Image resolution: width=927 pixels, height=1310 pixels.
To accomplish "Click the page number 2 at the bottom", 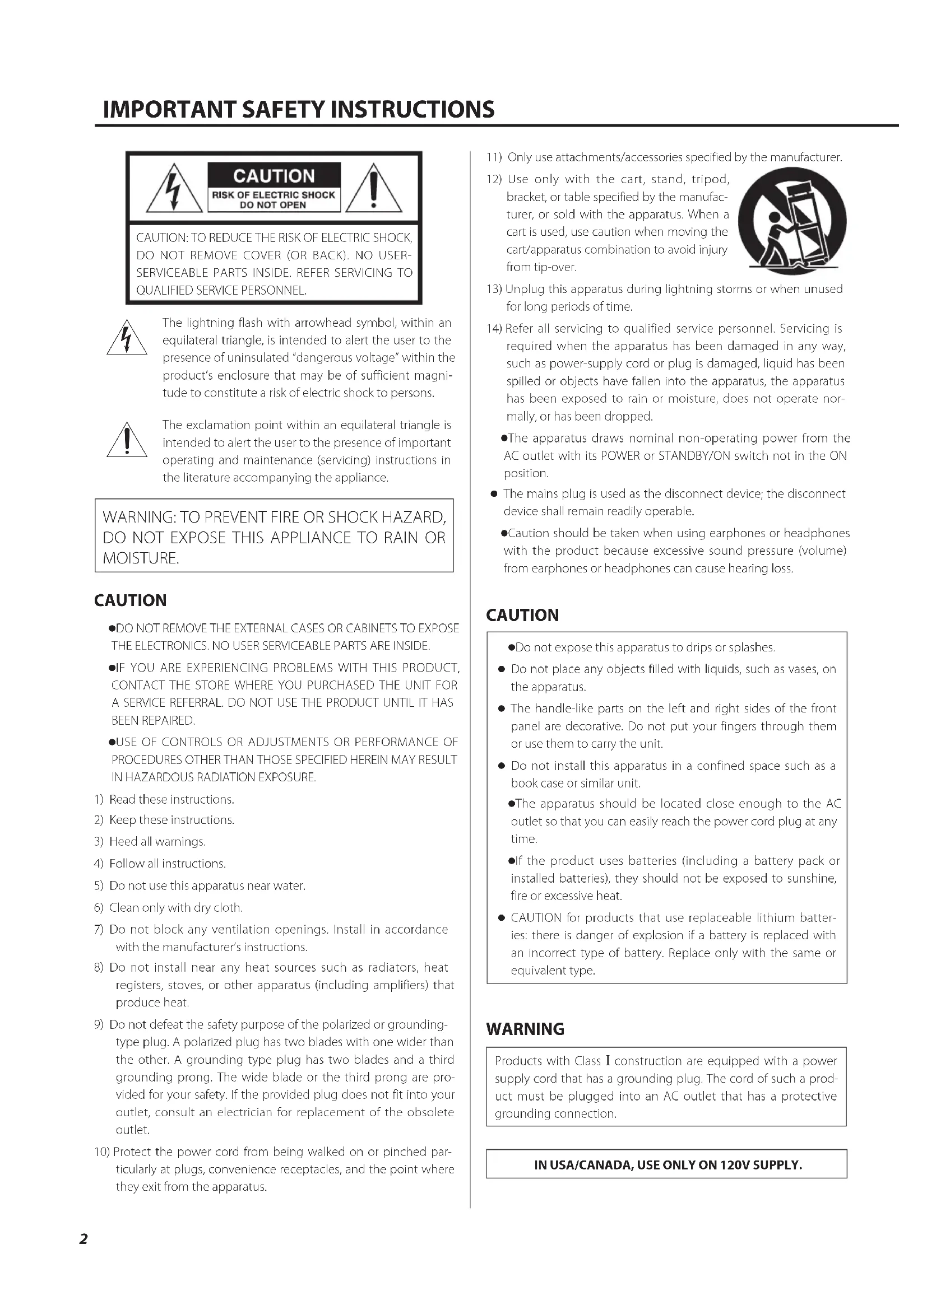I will tap(84, 1239).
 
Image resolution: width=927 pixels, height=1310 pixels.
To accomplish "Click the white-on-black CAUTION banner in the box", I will tap(274, 176).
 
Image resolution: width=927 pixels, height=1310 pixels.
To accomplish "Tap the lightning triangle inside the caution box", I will tap(175, 189).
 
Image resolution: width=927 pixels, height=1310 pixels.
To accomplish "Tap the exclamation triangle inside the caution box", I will tap(374, 189).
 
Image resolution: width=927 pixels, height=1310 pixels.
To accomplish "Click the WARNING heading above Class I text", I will tap(525, 1029).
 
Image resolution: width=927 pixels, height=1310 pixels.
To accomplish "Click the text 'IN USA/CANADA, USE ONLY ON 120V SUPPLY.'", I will tap(668, 1164).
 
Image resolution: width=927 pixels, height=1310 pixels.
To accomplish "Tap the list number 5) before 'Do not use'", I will tap(99, 885).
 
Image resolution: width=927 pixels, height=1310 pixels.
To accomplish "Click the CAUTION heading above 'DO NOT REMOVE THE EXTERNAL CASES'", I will tap(130, 600).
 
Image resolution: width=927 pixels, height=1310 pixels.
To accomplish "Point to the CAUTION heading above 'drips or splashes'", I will tap(522, 615).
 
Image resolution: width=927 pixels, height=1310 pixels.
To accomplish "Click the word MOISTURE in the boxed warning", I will tap(141, 558).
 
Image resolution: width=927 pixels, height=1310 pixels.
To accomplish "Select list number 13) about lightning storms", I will tap(494, 288).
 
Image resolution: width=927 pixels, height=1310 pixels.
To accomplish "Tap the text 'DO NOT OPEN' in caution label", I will tap(273, 205).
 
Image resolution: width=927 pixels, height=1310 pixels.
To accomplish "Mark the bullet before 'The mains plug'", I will tap(495, 494).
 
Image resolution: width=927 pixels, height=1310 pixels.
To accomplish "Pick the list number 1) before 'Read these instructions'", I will tap(99, 799).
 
